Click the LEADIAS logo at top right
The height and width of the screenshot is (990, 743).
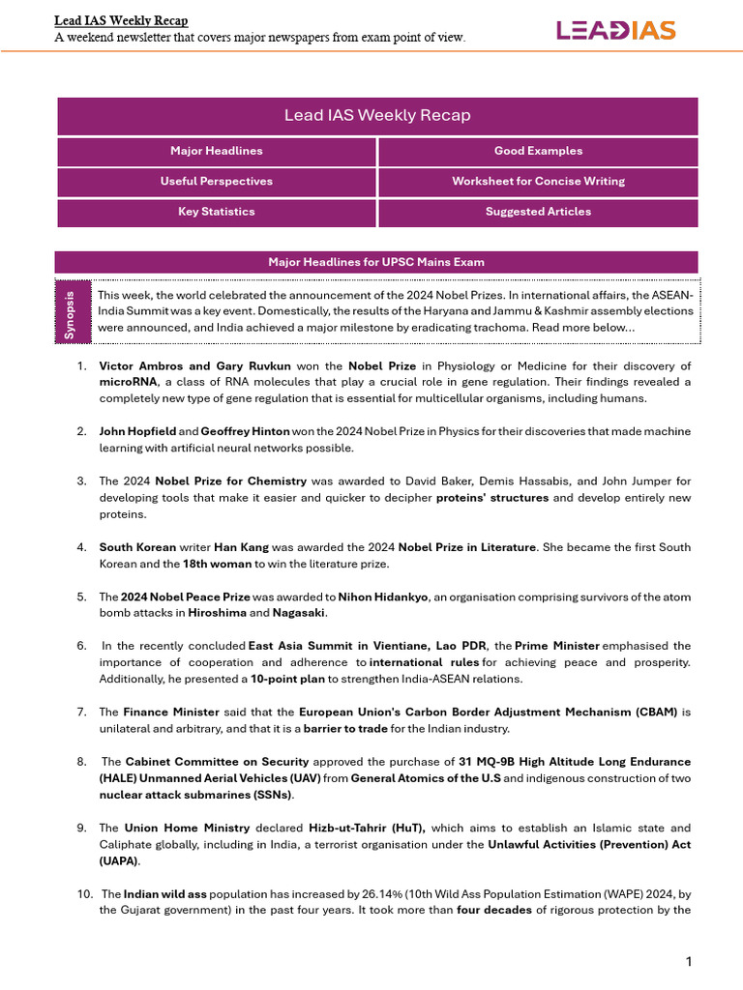(615, 30)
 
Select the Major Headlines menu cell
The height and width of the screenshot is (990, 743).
(216, 151)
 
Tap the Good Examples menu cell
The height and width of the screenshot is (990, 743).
(538, 151)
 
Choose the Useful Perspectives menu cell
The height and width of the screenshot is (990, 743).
(216, 181)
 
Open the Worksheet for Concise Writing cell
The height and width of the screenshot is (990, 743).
(538, 181)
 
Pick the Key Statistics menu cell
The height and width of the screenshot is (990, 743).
(216, 211)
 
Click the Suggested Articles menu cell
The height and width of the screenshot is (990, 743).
(538, 211)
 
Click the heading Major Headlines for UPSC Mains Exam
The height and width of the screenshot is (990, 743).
(375, 262)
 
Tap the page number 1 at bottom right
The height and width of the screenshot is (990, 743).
(688, 961)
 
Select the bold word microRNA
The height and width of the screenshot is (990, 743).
(123, 382)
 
